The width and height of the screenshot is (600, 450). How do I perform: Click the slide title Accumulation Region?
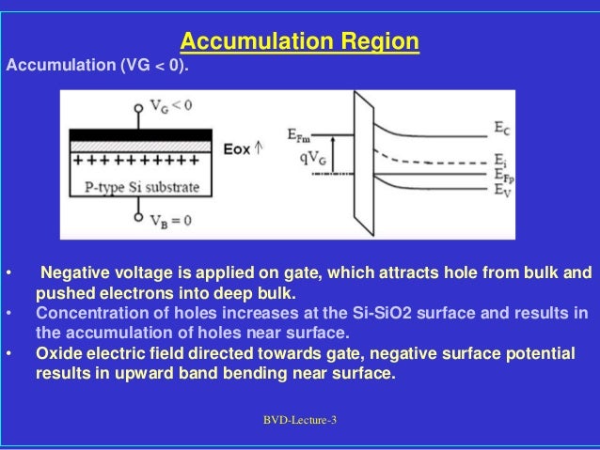[299, 42]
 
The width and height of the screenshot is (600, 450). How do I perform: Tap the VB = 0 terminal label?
[172, 222]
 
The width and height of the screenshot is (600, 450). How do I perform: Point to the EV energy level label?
[502, 188]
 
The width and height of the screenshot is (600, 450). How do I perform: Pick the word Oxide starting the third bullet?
[57, 354]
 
